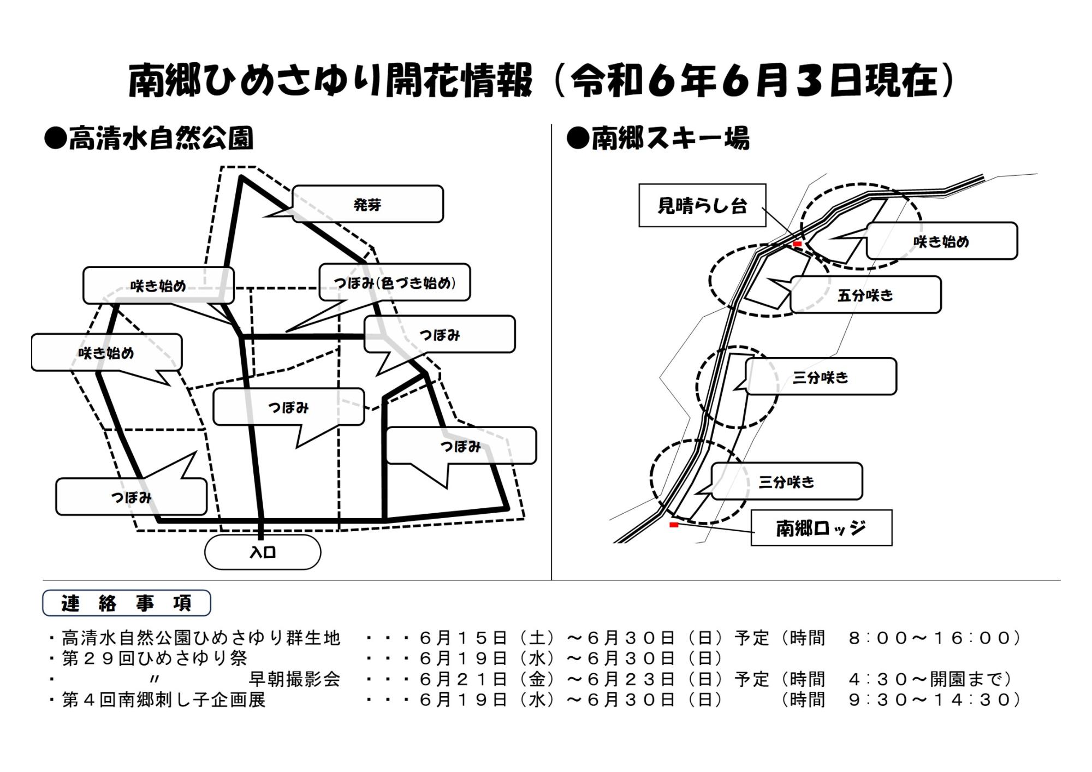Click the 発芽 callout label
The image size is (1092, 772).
point(367,204)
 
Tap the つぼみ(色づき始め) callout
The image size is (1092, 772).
point(394,283)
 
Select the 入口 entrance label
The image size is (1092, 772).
point(263,552)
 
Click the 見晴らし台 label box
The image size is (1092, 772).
point(702,205)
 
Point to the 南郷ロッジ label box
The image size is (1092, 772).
point(821,528)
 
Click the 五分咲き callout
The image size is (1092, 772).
point(865,295)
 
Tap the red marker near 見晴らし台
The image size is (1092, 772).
point(797,244)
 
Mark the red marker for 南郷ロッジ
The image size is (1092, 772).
point(674,525)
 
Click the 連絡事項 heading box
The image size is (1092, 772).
point(127,603)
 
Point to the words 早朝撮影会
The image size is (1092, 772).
point(294,679)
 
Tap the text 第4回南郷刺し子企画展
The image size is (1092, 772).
point(164,699)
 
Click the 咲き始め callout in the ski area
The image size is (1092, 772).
point(942,241)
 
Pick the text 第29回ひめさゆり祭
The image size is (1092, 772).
point(155,658)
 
